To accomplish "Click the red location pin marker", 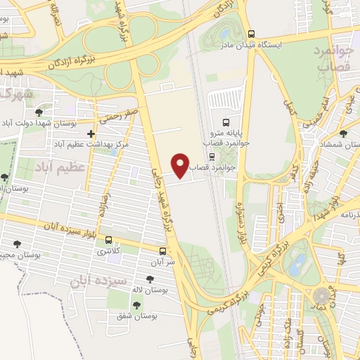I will point(181,165).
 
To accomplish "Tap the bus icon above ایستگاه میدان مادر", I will point(252,33).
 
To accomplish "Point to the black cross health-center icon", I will point(91,133).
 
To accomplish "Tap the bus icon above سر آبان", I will point(163,250).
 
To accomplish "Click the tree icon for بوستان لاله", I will point(150,278).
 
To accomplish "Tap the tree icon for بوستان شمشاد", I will point(342,134).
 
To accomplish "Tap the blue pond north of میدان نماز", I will point(297,265).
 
